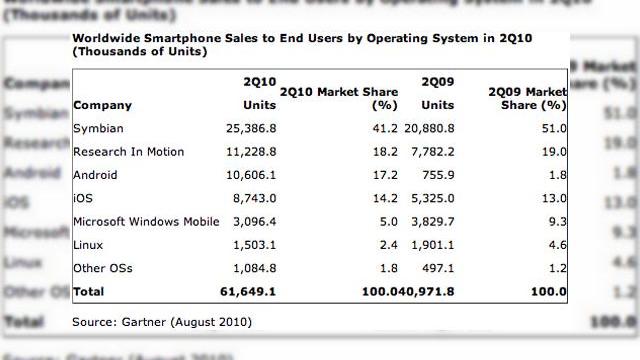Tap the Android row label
(x=95, y=173)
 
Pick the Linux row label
(x=88, y=245)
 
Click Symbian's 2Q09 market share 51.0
(x=552, y=129)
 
